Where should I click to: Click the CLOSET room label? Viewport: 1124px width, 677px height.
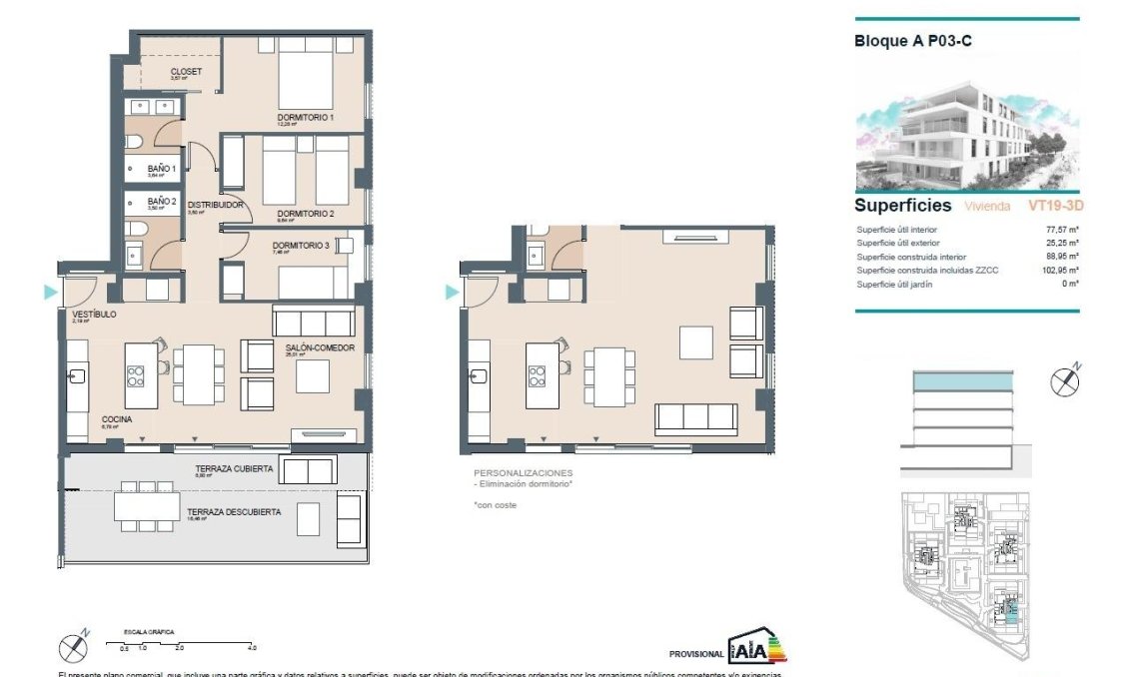tap(186, 71)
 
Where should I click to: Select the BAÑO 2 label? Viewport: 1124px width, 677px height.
tap(162, 201)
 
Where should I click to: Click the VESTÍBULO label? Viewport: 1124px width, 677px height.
tap(94, 315)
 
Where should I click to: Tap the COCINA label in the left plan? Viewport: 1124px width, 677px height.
tap(117, 419)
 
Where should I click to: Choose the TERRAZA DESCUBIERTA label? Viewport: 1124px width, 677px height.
tap(233, 511)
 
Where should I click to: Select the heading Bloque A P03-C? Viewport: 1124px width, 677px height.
tap(913, 41)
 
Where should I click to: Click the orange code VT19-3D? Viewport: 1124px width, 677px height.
tap(1055, 207)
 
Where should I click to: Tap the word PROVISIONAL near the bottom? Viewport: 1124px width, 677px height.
tap(696, 654)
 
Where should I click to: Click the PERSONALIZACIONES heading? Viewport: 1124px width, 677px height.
tap(523, 472)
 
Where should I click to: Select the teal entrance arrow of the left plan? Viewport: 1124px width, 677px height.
tap(50, 293)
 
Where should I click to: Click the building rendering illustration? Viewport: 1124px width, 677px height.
tap(967, 137)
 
